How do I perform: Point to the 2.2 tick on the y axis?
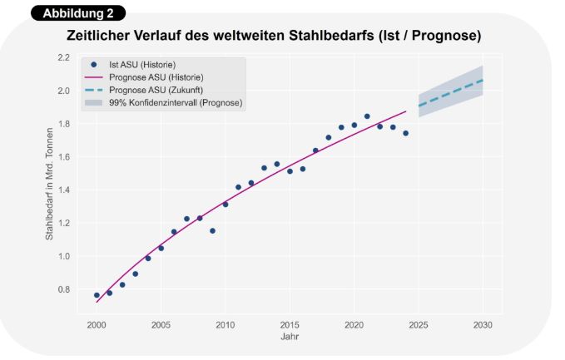tap(64, 57)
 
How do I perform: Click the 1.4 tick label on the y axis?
tap(64, 190)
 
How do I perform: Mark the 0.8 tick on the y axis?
tap(64, 289)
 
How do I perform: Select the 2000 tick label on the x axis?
tap(97, 323)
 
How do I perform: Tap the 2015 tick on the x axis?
tap(290, 323)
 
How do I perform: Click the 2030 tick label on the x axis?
tap(483, 323)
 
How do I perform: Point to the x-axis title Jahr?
tap(289, 337)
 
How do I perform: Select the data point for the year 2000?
tap(97, 295)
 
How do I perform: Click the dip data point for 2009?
tap(212, 230)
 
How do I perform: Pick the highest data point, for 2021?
tap(367, 116)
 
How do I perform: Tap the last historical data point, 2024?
tap(405, 133)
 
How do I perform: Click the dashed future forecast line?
tap(450, 93)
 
